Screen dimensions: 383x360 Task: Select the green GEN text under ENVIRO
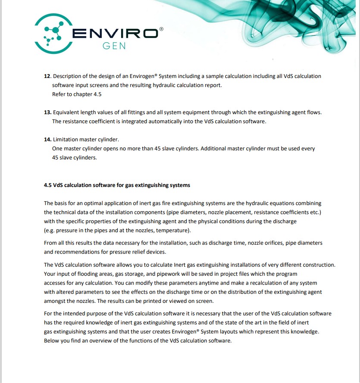(114, 46)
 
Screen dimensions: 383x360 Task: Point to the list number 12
(47, 76)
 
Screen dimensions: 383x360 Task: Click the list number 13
(47, 112)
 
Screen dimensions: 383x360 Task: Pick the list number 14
(47, 140)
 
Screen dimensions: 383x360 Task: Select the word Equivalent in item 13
(67, 112)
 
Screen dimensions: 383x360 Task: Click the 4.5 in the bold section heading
(47, 185)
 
